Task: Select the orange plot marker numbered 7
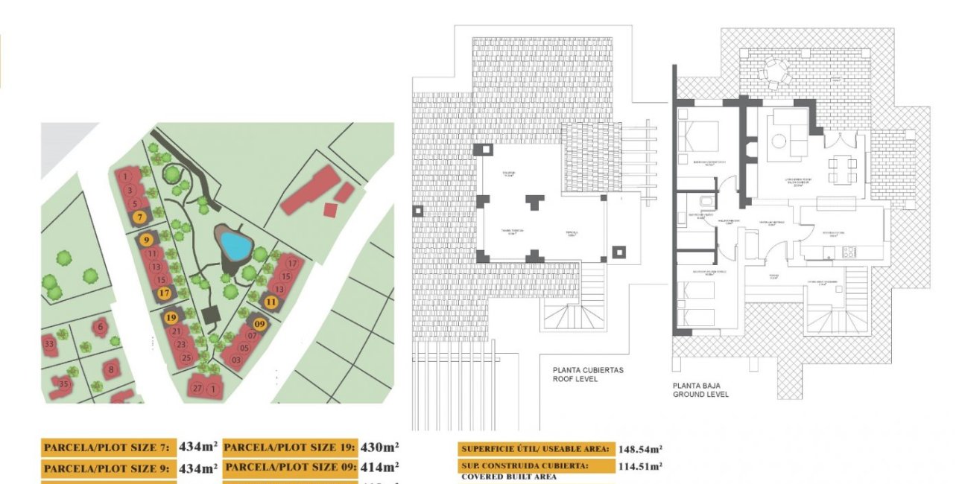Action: pyautogui.click(x=139, y=217)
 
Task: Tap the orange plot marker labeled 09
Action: pyautogui.click(x=260, y=324)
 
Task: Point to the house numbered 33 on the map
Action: pyautogui.click(x=49, y=344)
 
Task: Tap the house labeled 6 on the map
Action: pyautogui.click(x=101, y=325)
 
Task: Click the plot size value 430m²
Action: pyautogui.click(x=380, y=448)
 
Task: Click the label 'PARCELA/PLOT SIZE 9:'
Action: pyautogui.click(x=108, y=469)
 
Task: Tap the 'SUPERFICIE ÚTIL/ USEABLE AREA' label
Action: pyautogui.click(x=536, y=449)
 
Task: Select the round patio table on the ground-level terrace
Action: pyautogui.click(x=773, y=71)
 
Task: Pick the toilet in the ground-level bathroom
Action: pyautogui.click(x=704, y=203)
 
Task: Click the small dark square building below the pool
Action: pyautogui.click(x=212, y=316)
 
